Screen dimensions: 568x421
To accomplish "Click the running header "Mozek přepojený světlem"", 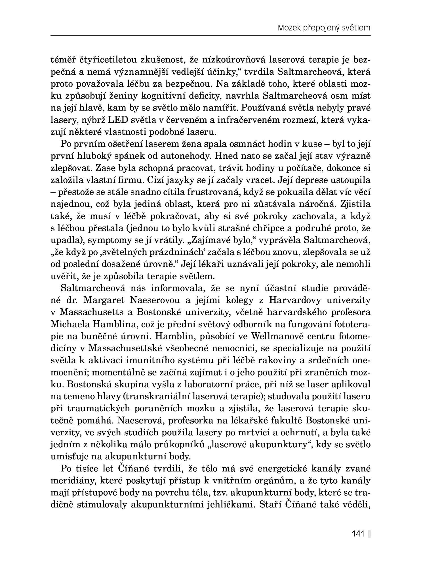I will coord(324,28).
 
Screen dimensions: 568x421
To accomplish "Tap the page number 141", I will coord(358,534).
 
